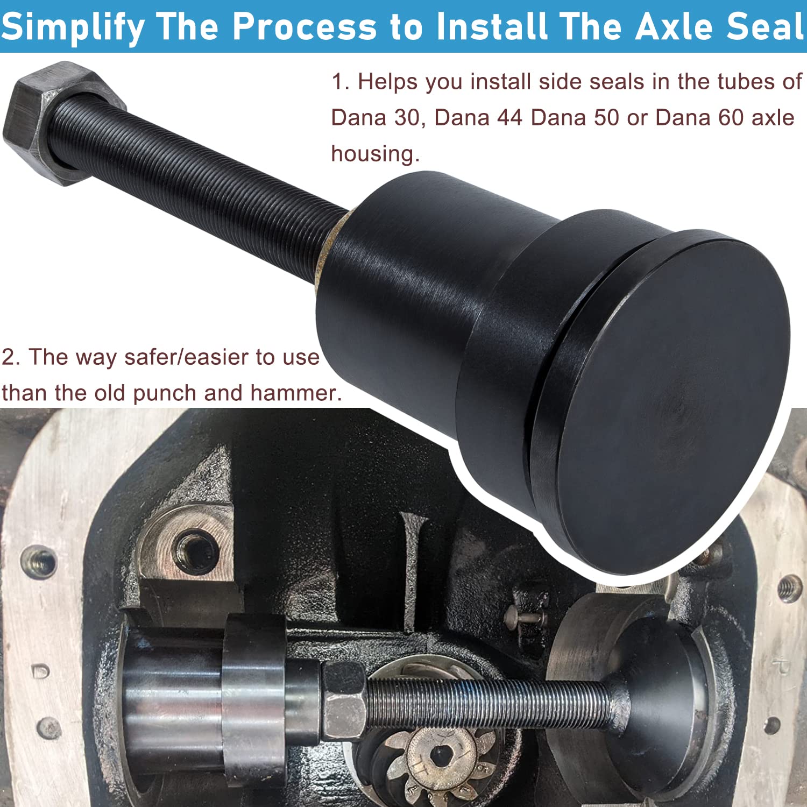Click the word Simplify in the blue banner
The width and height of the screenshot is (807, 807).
point(73,27)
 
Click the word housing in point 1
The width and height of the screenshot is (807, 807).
point(374,154)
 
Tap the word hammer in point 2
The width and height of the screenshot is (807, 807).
point(295,393)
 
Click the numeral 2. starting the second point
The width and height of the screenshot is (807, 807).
point(11,357)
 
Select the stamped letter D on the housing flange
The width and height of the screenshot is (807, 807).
point(41,671)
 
